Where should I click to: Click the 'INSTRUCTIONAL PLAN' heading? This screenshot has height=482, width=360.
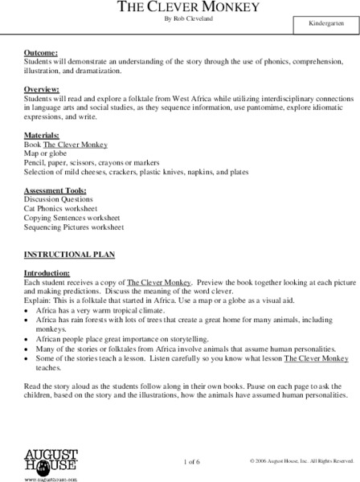[69, 254]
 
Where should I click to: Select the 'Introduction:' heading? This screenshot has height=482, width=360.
[47, 274]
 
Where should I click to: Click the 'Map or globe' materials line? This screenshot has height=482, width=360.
[48, 153]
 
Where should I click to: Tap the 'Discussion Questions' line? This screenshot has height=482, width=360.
[59, 199]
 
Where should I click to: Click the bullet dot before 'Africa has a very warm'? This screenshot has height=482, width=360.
[27, 309]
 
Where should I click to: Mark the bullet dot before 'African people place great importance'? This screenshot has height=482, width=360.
[27, 339]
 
